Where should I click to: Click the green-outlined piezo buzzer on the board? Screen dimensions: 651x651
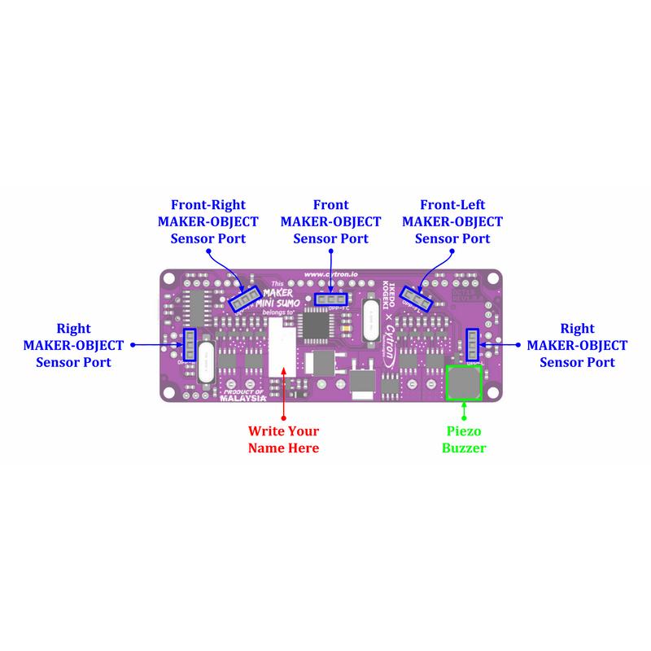point(464,382)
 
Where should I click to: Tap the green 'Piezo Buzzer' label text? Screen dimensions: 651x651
point(463,439)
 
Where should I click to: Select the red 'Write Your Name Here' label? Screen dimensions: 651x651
point(283,439)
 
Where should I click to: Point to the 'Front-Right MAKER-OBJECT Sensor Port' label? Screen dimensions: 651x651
point(208,221)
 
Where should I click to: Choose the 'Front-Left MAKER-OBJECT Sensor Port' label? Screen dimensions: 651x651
point(452,221)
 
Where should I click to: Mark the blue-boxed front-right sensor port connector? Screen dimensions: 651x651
point(244,299)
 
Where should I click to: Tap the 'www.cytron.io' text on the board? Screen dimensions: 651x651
point(330,275)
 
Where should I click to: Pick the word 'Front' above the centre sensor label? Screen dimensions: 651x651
point(330,205)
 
